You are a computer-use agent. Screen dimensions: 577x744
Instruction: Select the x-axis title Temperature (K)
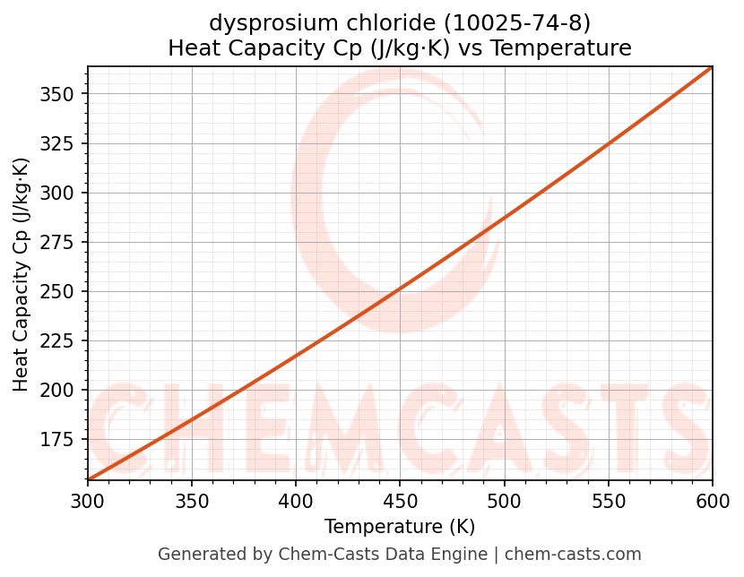coord(400,527)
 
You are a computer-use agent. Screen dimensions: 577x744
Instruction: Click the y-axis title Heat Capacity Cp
coord(22,274)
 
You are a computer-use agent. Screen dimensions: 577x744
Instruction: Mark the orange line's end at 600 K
coord(712,67)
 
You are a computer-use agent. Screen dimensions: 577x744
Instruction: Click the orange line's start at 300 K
coord(88,479)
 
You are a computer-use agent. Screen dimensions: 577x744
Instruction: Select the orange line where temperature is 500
coord(504,218)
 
